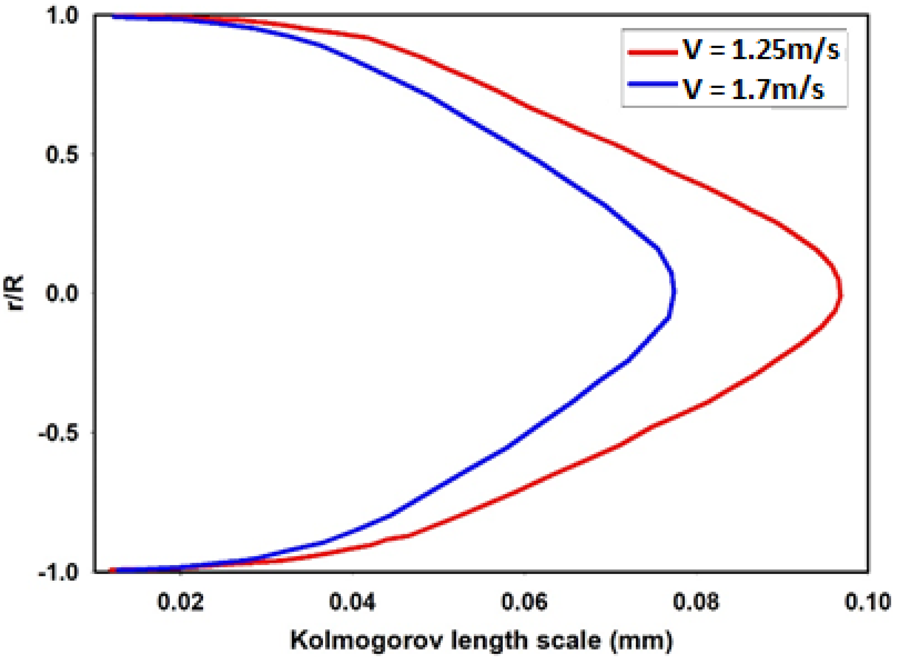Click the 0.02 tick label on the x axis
(181, 602)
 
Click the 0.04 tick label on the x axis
(352, 602)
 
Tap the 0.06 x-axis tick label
(524, 602)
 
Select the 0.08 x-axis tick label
(696, 602)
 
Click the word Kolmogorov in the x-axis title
(360, 640)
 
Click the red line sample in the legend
(652, 52)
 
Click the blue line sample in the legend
(652, 84)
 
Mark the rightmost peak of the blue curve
(675, 291)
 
